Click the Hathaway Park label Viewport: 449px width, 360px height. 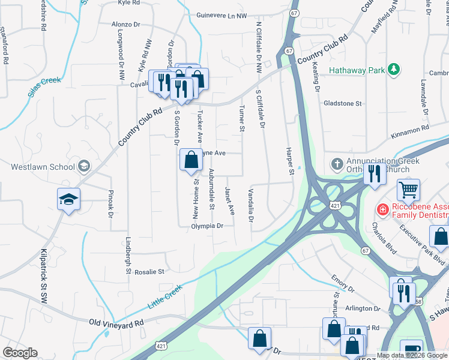click(x=357, y=70)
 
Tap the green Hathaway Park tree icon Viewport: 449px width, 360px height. click(x=394, y=70)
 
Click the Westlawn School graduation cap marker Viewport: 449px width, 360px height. click(x=68, y=199)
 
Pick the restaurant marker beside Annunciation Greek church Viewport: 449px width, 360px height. click(x=375, y=174)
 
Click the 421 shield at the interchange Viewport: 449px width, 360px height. click(x=334, y=206)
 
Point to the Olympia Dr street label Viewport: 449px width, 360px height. click(x=207, y=226)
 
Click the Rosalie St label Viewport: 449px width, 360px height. click(x=152, y=272)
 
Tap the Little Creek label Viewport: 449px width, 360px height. click(x=165, y=298)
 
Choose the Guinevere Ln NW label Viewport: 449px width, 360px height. click(x=221, y=16)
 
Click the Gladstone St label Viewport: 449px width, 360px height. click(x=343, y=103)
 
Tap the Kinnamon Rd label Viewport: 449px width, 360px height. click(x=409, y=128)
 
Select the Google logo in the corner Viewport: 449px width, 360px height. click(x=20, y=353)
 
